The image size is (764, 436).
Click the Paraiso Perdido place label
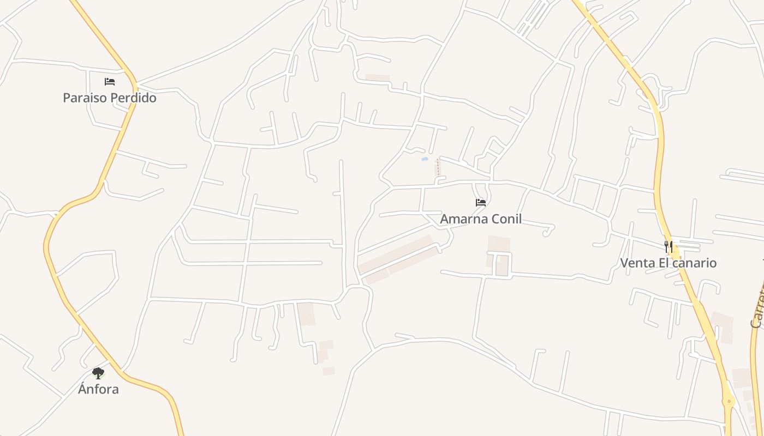[110, 98]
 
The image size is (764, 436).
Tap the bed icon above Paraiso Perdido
[110, 82]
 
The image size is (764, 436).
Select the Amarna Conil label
[481, 219]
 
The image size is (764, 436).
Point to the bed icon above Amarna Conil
[481, 203]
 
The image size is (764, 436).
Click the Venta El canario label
[668, 263]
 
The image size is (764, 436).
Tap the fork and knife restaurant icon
[668, 246]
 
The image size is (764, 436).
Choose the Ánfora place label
[98, 389]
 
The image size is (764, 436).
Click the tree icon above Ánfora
[98, 373]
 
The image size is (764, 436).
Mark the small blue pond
[425, 159]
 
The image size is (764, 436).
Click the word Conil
[506, 219]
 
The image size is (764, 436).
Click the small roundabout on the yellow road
[729, 402]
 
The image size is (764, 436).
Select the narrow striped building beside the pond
[437, 167]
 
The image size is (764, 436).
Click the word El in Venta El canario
[664, 263]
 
